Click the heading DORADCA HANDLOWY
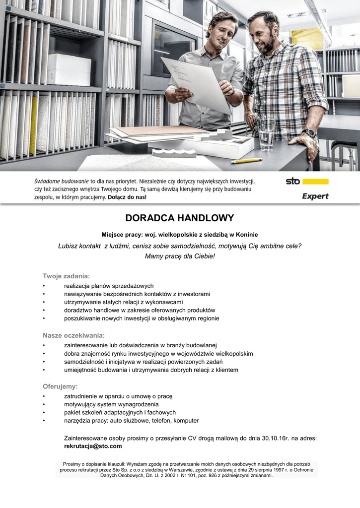179,218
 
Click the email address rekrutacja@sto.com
93,446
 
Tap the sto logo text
293,181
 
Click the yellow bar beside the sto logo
315,182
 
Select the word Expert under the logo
315,196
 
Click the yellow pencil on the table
246,161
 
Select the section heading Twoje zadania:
66,276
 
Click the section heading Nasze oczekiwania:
74,335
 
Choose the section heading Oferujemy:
60,386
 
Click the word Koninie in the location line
246,234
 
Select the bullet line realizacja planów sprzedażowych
109,286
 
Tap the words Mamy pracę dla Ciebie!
180,256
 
